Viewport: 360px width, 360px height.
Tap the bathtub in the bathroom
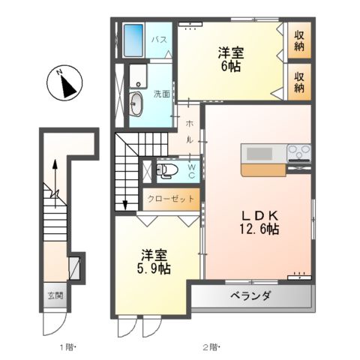(133, 39)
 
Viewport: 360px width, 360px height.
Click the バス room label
(159, 38)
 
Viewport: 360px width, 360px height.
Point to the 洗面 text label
(162, 94)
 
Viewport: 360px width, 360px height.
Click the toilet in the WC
(167, 171)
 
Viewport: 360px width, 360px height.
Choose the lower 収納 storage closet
(299, 82)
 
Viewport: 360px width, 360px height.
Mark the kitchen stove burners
(298, 152)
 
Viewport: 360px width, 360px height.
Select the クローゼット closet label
(171, 200)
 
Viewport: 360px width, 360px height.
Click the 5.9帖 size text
(153, 267)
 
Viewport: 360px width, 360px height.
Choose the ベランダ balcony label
(249, 297)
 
